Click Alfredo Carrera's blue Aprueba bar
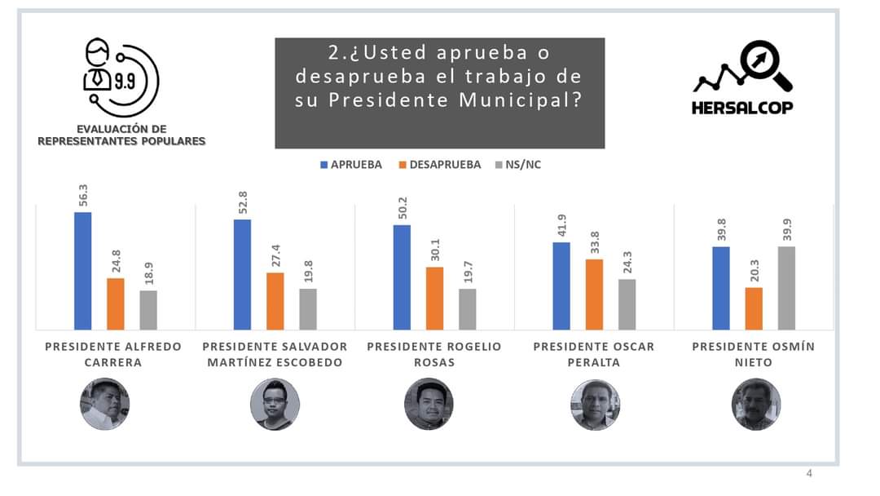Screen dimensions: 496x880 coord(82,271)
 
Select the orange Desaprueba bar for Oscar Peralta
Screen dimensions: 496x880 coord(594,294)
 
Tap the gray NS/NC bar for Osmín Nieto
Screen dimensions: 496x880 coord(785,288)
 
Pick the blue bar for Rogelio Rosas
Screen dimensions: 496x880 coord(402,277)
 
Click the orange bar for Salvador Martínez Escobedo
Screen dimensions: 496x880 coord(275,301)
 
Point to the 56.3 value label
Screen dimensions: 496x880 coord(83,196)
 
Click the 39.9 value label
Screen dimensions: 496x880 coord(786,231)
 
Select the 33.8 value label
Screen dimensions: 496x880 coord(595,243)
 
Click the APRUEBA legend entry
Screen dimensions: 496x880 coord(350,165)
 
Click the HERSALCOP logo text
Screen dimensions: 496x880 coord(741,108)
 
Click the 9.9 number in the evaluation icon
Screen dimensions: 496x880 coord(125,82)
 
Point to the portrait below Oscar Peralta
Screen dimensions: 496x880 coord(595,405)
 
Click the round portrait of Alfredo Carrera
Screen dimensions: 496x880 coord(104,404)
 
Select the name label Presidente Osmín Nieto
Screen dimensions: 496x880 coord(753,354)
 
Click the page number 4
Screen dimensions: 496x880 coord(809,474)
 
